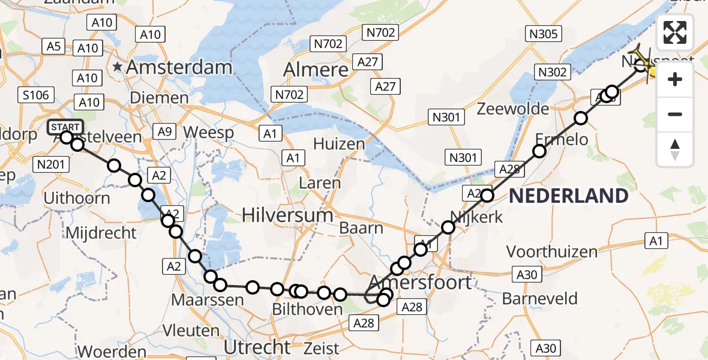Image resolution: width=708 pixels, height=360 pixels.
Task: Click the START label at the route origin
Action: pyautogui.click(x=65, y=127)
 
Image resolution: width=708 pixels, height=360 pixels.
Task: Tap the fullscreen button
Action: pyautogui.click(x=676, y=33)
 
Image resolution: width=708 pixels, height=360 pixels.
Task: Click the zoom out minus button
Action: pyautogui.click(x=676, y=114)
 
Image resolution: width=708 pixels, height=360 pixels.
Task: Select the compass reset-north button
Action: pyautogui.click(x=676, y=149)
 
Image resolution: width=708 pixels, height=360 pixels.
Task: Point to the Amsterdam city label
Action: pyautogui.click(x=179, y=67)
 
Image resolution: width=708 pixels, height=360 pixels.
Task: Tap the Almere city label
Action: pyautogui.click(x=316, y=70)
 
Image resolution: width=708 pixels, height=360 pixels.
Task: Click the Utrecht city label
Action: pyautogui.click(x=257, y=346)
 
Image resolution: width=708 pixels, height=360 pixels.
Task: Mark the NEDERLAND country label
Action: pyautogui.click(x=569, y=196)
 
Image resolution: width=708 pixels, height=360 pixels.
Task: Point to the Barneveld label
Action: pyautogui.click(x=540, y=298)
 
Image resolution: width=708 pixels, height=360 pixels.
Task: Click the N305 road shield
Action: pyautogui.click(x=544, y=34)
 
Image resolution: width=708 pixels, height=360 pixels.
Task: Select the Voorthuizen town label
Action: pyautogui.click(x=552, y=251)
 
